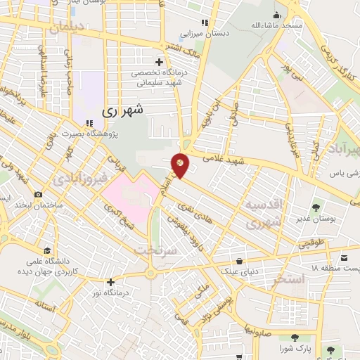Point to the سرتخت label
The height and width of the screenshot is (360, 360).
(153, 251)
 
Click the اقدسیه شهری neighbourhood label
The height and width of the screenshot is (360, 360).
(264, 212)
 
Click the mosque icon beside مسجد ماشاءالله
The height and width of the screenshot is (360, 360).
(278, 15)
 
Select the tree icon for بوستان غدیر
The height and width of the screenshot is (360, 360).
(315, 207)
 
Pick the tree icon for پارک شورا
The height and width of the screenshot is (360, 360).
(304, 338)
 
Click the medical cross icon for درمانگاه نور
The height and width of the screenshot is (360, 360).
(110, 282)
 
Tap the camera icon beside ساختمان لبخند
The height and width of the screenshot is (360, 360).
(38, 194)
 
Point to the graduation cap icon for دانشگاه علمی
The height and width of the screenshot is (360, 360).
(47, 250)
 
